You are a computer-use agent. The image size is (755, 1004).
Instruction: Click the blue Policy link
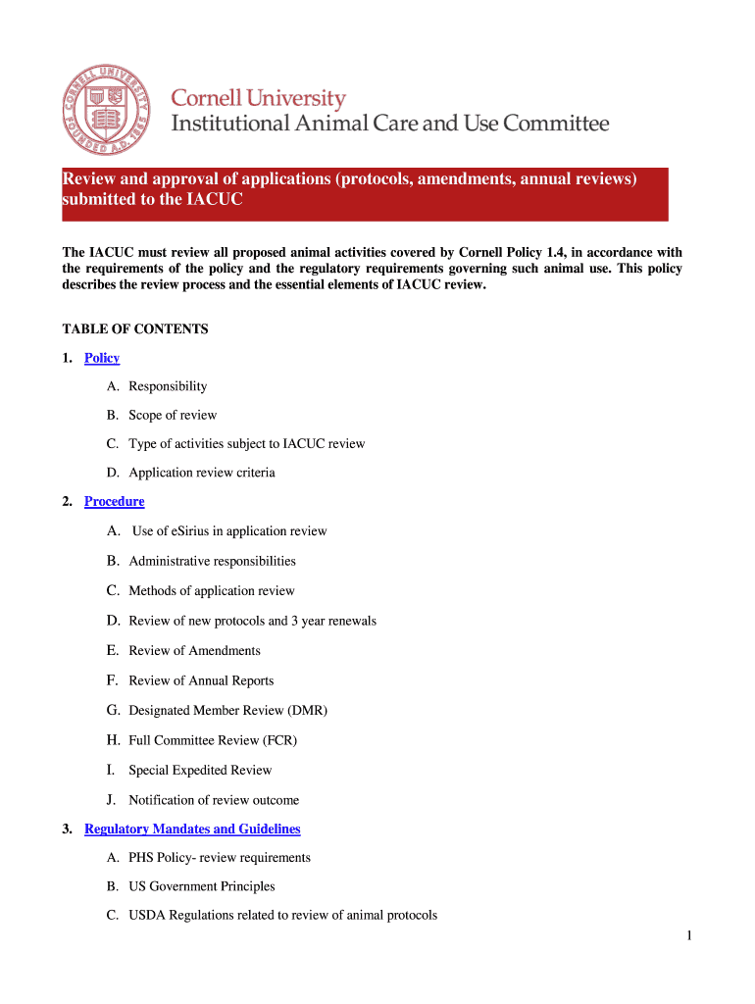click(x=102, y=358)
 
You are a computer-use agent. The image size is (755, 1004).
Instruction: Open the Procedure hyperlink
click(x=114, y=502)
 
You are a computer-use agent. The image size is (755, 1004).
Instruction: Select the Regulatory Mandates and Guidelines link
click(x=192, y=829)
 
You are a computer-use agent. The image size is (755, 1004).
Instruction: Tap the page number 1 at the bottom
click(x=689, y=936)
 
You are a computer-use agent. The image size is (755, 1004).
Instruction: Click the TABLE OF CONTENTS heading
click(x=135, y=329)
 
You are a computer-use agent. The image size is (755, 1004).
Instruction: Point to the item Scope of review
click(x=173, y=416)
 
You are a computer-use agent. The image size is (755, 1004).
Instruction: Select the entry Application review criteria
click(x=201, y=474)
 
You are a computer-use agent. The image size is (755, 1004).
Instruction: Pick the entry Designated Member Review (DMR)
click(x=227, y=711)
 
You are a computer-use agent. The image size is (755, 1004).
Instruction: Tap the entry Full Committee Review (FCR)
click(x=212, y=740)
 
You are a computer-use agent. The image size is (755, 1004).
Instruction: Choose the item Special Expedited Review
click(x=200, y=771)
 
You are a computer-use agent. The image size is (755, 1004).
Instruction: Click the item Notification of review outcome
click(x=214, y=800)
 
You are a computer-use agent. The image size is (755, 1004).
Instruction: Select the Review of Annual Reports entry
click(x=201, y=681)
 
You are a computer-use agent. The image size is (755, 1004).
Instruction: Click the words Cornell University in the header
click(x=259, y=99)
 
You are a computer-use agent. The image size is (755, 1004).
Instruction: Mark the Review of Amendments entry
click(x=194, y=651)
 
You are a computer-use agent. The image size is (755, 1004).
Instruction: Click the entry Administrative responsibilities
click(x=212, y=562)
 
